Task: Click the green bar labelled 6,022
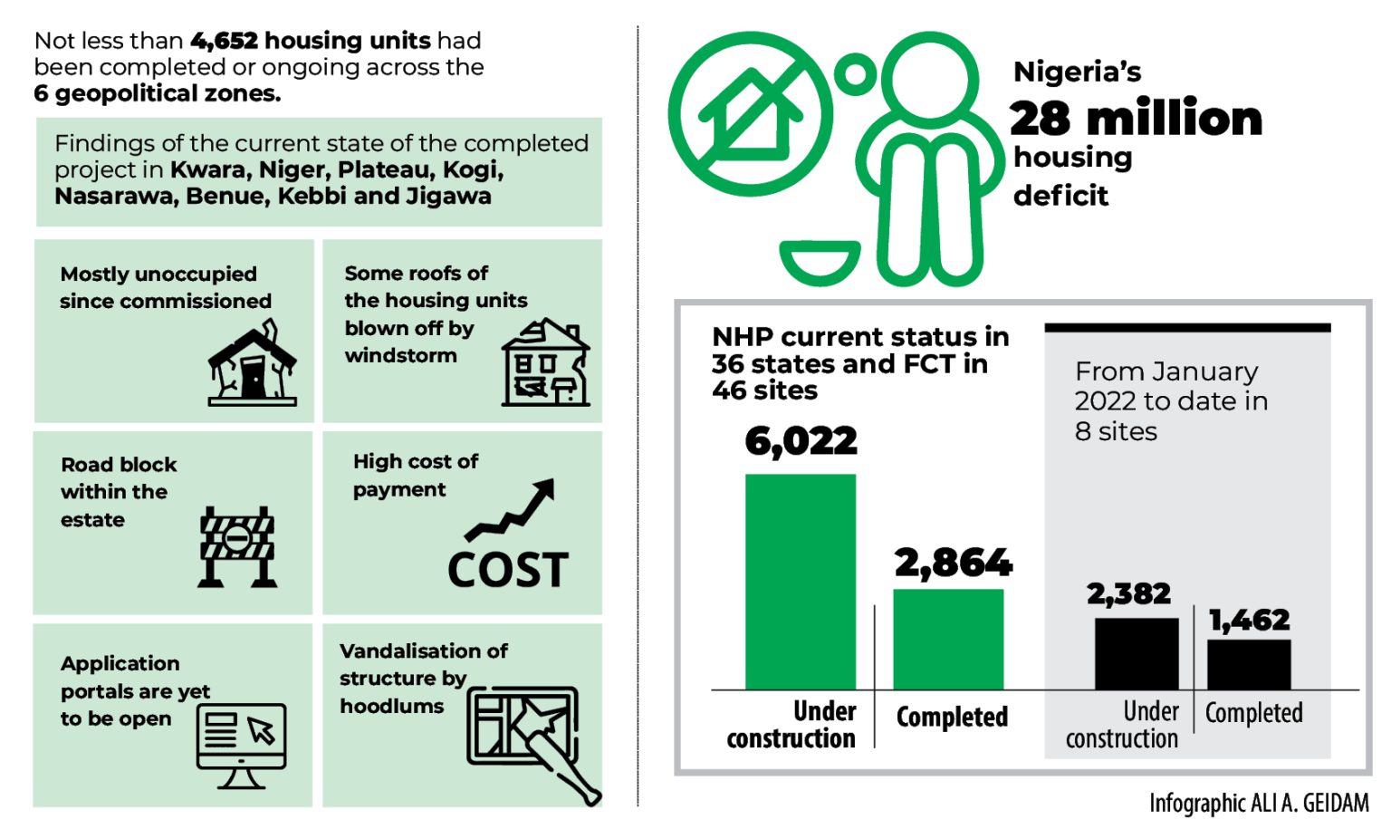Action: coord(800,581)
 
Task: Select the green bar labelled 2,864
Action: coord(948,639)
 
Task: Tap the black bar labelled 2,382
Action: coord(1137,653)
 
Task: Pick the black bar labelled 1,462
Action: coord(1249,664)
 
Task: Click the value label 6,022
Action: coord(801,441)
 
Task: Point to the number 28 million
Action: coord(1136,118)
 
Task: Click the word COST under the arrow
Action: coord(508,570)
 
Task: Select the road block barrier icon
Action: coord(237,546)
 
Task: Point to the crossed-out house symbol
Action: coord(751,114)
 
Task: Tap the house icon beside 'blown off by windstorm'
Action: coord(545,364)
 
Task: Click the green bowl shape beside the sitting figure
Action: coord(820,261)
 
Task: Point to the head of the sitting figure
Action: coord(929,78)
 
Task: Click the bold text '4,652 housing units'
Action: coord(311,41)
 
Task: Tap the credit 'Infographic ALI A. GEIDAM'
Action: coord(1258,803)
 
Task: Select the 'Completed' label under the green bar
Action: coord(951,718)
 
